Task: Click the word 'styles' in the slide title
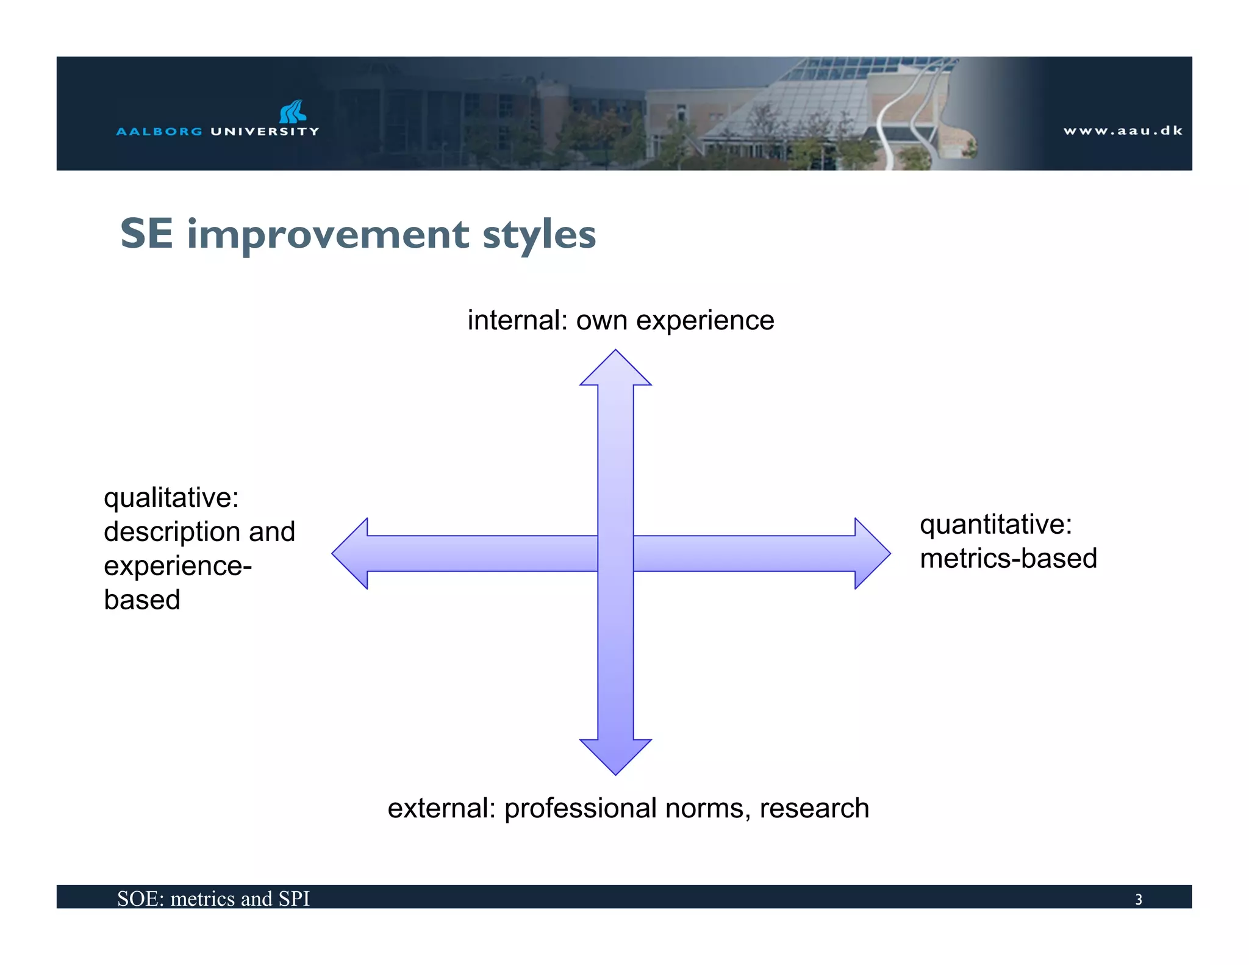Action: [x=539, y=235]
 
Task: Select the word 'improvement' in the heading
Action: [x=328, y=235]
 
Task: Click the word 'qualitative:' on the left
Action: [x=171, y=498]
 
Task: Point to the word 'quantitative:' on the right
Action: [x=995, y=525]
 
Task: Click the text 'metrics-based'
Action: [x=1008, y=559]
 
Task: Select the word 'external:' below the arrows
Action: [x=442, y=808]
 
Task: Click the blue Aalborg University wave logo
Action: [x=292, y=112]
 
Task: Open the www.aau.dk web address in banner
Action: [x=1123, y=131]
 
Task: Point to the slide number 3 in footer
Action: [x=1138, y=899]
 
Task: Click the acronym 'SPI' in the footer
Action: [x=294, y=899]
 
